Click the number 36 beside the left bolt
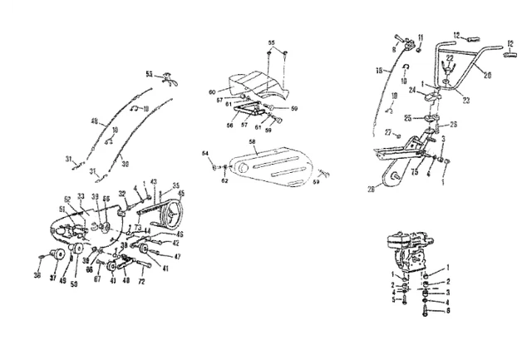pyautogui.click(x=37, y=275)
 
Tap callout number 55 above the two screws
pyautogui.click(x=271, y=42)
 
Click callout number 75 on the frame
pyautogui.click(x=414, y=173)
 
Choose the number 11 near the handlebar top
pyautogui.click(x=421, y=37)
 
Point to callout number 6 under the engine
pyautogui.click(x=450, y=309)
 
